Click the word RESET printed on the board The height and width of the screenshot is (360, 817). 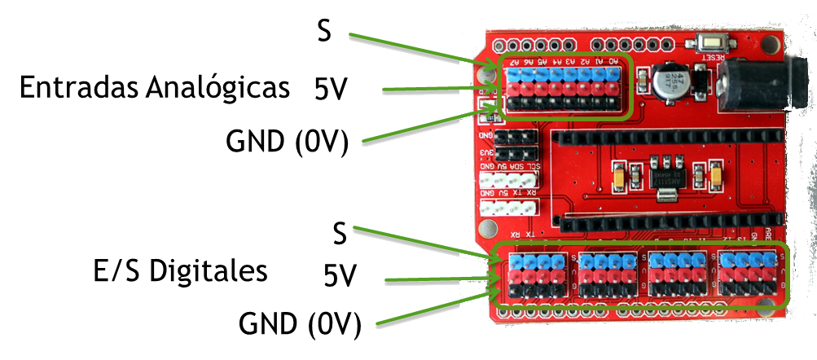[713, 57]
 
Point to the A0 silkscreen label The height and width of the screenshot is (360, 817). [612, 61]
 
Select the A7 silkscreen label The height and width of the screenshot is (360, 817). [515, 61]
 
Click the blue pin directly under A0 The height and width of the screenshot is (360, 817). [612, 74]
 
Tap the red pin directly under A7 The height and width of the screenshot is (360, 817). [515, 88]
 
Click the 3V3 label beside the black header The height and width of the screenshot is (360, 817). [485, 152]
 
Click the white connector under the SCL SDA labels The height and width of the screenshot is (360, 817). [507, 180]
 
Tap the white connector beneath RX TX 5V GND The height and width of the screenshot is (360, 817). [507, 208]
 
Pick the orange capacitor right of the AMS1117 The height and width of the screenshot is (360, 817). [715, 175]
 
